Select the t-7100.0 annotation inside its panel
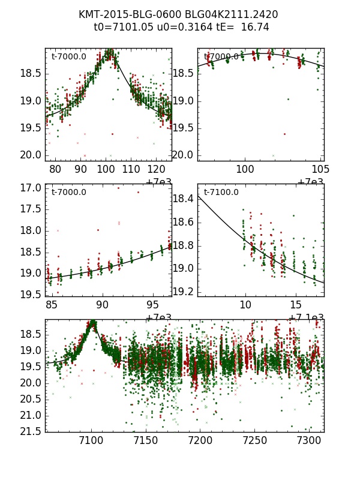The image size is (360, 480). (221, 193)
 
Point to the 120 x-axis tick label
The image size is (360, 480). (157, 169)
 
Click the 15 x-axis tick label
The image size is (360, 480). (296, 305)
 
